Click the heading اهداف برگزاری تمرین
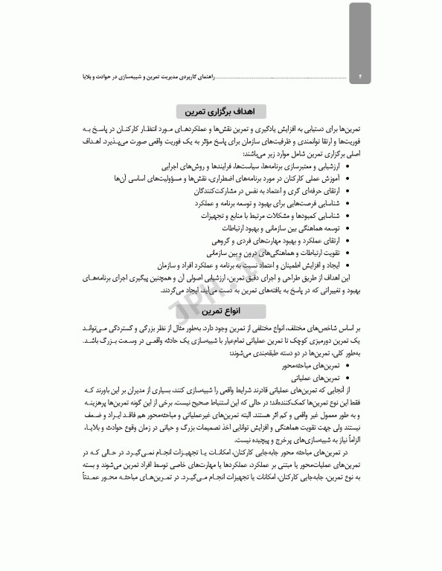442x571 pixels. click(x=222, y=112)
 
